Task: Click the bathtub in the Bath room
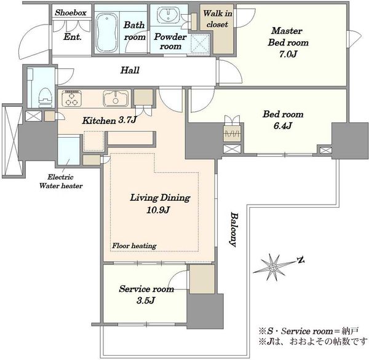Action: point(107,33)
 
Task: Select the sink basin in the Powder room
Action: point(169,14)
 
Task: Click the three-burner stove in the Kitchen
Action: point(71,98)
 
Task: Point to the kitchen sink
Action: point(116,98)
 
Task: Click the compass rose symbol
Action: point(273,267)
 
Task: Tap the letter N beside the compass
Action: point(301,260)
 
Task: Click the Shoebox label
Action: point(71,13)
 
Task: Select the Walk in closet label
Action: point(218,19)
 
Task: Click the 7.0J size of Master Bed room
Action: point(288,54)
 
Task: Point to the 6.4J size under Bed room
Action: point(283,126)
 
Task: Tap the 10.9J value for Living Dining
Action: point(158,209)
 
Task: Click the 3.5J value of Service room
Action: point(146,300)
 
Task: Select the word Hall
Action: point(130,70)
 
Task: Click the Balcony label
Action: point(234,230)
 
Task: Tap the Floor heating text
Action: point(134,246)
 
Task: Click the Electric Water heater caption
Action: point(61,181)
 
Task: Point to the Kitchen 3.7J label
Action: point(109,120)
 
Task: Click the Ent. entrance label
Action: point(73,37)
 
